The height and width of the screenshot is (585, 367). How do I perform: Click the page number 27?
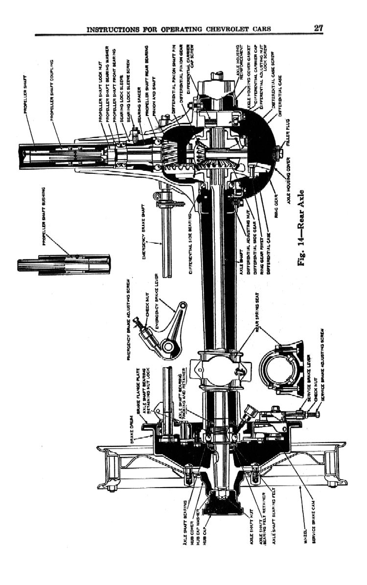(x=318, y=28)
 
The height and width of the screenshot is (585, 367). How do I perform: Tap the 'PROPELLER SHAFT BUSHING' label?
(x=45, y=216)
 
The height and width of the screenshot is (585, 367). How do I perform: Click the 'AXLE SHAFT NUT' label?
(x=252, y=531)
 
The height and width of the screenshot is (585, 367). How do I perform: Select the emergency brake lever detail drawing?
(x=166, y=333)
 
